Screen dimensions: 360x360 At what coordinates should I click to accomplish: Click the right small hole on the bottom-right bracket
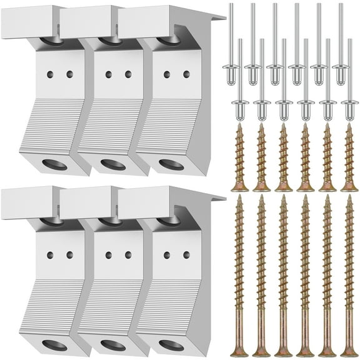186,255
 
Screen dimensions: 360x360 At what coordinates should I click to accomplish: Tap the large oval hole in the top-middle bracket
112,165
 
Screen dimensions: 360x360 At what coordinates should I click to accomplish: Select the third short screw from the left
283,156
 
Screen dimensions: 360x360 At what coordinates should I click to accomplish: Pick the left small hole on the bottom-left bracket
50,255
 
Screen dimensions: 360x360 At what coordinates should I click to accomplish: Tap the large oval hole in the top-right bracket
171,165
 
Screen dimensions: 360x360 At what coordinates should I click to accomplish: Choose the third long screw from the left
283,275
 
